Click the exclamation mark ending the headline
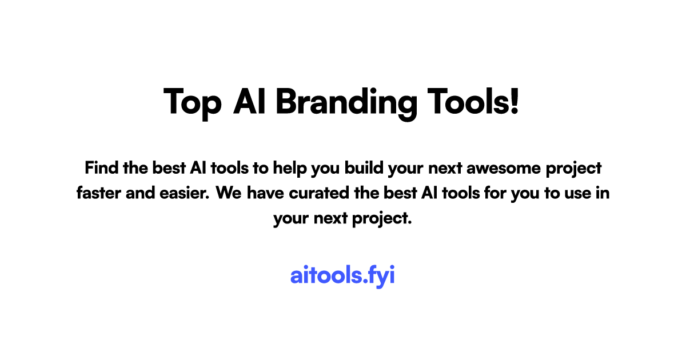[514, 102]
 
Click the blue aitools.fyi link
[342, 275]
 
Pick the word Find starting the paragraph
[99, 168]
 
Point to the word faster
[96, 193]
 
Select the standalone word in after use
[603, 193]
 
